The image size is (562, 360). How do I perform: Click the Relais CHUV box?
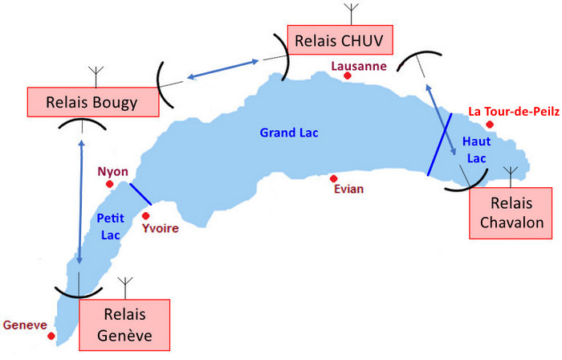tap(331, 40)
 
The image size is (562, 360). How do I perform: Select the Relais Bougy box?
tap(93, 103)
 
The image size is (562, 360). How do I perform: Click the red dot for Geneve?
tap(51, 336)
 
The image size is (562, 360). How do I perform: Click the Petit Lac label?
tap(108, 225)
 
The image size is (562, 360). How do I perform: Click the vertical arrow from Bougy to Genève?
tap(82, 201)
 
